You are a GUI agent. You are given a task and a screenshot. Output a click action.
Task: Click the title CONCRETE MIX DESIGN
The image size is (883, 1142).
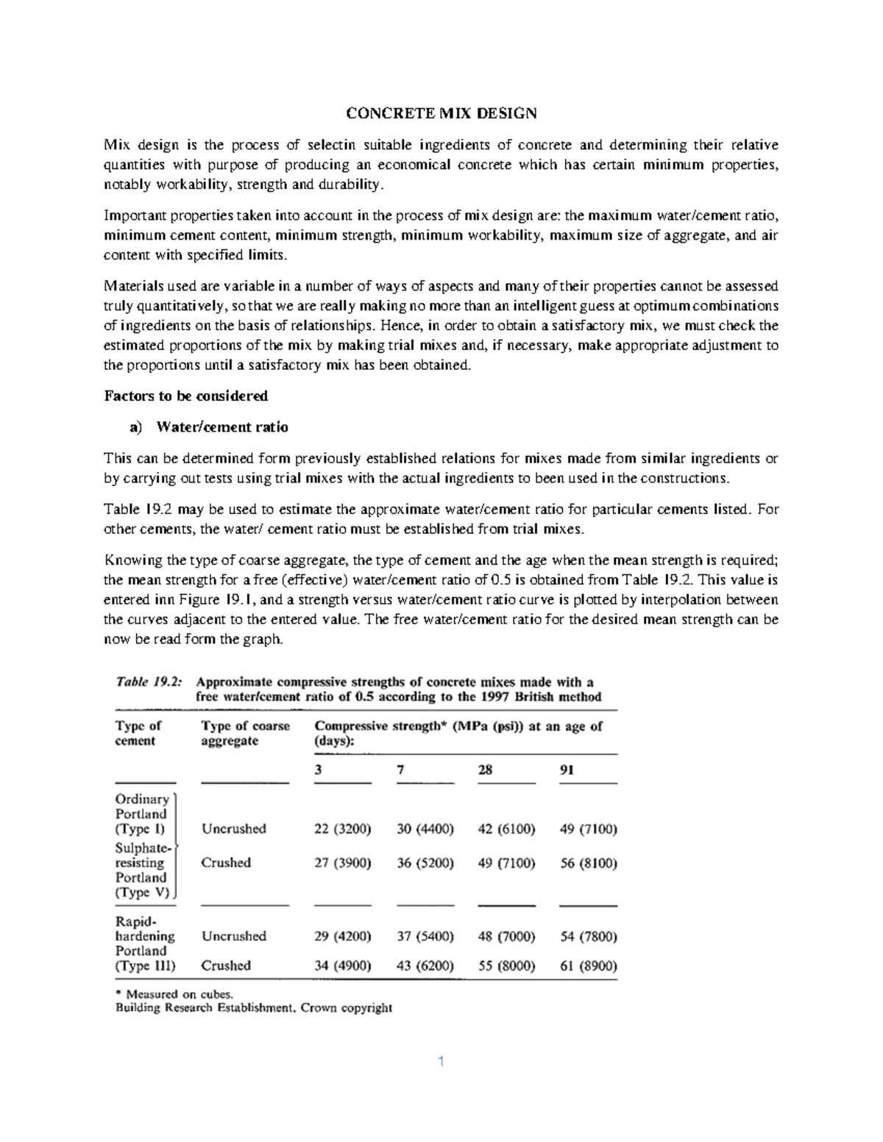click(x=441, y=113)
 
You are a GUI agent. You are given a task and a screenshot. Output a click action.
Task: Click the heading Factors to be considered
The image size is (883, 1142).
click(x=186, y=396)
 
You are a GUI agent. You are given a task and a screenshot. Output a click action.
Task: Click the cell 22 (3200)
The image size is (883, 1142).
click(x=343, y=829)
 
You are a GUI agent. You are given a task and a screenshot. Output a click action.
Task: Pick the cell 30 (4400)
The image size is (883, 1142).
click(x=425, y=829)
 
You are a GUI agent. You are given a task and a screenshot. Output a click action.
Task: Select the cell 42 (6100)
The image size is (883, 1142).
click(x=506, y=829)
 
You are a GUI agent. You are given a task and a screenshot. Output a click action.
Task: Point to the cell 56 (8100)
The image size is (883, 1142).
click(x=589, y=863)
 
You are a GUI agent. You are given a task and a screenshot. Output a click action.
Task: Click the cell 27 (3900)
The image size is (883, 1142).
click(x=343, y=863)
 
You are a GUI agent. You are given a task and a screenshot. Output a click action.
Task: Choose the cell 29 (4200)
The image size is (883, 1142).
click(x=343, y=936)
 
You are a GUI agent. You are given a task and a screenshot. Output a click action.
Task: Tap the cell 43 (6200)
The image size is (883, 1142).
click(x=425, y=966)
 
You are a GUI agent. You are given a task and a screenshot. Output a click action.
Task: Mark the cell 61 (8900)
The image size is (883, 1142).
click(x=589, y=966)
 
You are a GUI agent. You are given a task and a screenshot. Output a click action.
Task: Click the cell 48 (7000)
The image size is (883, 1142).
click(x=506, y=936)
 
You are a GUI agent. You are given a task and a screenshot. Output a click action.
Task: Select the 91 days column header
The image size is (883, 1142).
click(x=567, y=770)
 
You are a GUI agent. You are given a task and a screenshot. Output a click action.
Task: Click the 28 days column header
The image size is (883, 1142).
click(x=486, y=770)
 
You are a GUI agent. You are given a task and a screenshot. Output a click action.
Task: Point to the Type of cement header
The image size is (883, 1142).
click(x=138, y=733)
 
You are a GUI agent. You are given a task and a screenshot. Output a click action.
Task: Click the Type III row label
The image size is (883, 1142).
click(x=146, y=966)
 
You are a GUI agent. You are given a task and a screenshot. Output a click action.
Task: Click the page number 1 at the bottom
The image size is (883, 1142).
click(x=441, y=1061)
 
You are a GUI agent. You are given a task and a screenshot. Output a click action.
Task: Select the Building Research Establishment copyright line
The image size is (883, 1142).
click(x=254, y=1008)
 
